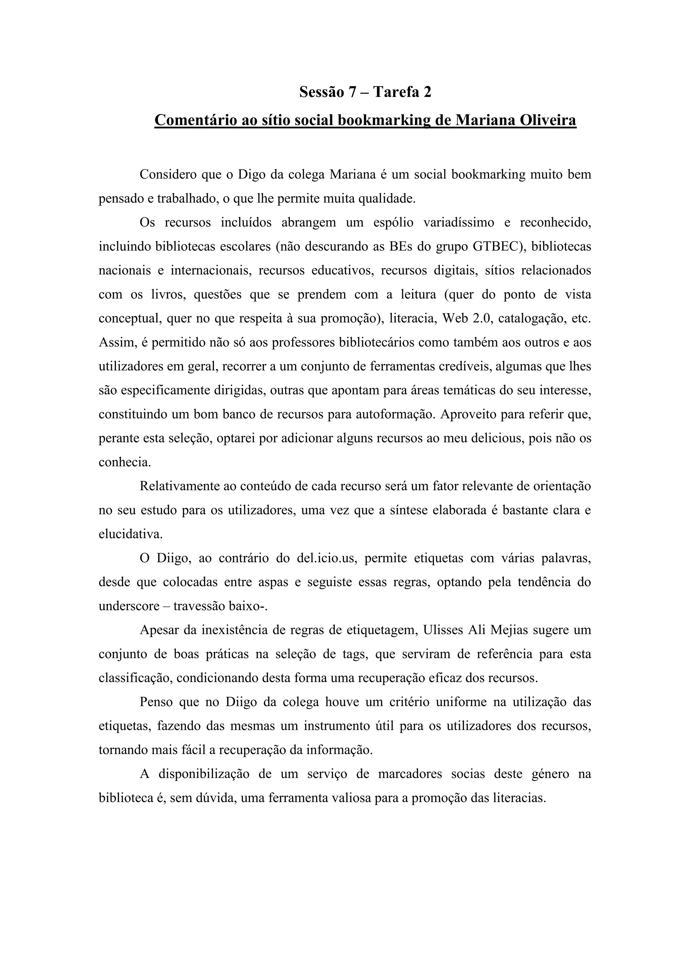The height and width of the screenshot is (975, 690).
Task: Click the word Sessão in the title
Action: (x=322, y=92)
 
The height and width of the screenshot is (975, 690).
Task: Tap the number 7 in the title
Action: (x=352, y=92)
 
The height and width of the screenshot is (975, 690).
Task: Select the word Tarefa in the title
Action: (x=396, y=92)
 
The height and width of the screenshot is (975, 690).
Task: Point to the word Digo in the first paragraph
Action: (x=252, y=174)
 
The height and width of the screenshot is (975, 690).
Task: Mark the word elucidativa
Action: (x=130, y=534)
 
